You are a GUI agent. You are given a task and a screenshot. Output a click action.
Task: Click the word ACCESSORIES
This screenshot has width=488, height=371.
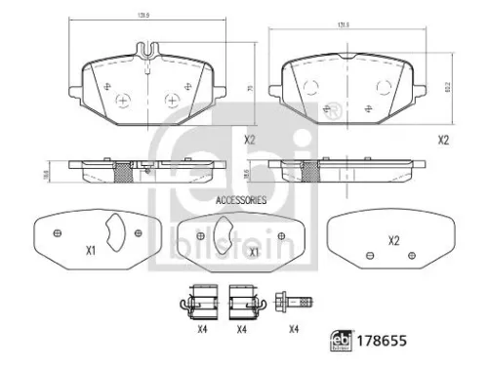240,199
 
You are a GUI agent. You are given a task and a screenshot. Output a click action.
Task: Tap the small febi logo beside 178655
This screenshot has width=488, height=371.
335,343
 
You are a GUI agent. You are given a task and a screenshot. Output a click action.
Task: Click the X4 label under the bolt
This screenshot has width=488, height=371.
293,328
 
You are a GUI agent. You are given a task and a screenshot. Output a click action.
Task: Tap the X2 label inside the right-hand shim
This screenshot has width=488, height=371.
394,241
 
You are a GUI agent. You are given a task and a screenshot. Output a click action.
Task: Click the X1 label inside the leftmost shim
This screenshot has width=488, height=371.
90,251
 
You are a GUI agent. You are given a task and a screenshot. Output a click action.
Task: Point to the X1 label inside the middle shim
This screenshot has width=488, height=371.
254,252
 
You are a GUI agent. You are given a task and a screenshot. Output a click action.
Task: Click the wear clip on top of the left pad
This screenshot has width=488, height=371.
147,52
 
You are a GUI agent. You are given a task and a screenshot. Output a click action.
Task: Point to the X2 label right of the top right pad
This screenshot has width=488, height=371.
442,141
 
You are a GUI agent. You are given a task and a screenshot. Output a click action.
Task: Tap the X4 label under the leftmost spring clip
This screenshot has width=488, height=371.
202,328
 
